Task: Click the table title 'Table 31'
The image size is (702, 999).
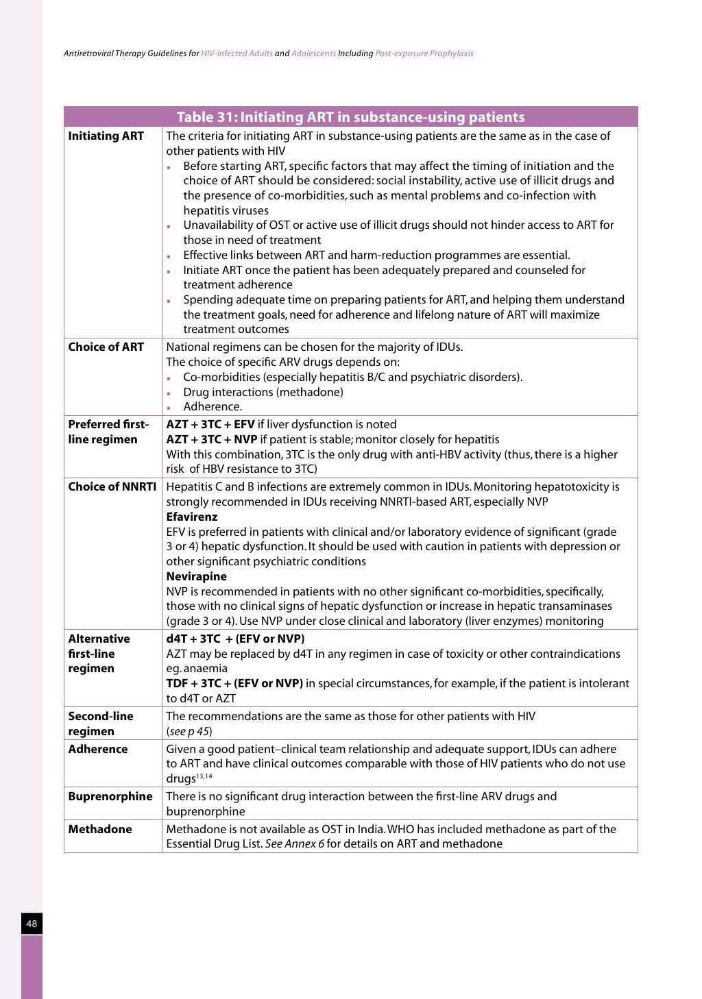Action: [350, 117]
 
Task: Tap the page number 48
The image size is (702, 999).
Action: [32, 924]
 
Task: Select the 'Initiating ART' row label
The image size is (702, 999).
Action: [106, 136]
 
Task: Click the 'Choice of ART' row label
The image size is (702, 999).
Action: [106, 347]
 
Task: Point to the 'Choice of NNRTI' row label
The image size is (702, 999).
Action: [112, 486]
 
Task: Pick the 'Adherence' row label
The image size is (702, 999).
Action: [97, 749]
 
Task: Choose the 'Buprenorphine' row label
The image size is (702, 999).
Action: [110, 796]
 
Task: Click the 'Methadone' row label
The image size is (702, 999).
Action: [99, 829]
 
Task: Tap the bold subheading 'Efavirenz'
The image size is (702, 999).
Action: [191, 517]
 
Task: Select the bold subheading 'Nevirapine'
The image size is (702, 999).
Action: [196, 576]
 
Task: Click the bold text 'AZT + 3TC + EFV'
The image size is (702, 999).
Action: [210, 424]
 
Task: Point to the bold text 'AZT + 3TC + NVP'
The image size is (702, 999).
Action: [211, 439]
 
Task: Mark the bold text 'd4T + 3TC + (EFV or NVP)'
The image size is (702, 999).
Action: [235, 639]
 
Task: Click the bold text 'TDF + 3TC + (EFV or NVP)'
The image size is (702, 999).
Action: [234, 683]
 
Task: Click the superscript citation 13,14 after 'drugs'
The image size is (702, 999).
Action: [204, 776]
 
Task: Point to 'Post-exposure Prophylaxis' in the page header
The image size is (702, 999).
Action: [424, 53]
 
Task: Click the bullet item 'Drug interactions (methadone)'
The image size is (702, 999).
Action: [263, 392]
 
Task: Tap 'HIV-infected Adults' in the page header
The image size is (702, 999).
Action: [237, 53]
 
